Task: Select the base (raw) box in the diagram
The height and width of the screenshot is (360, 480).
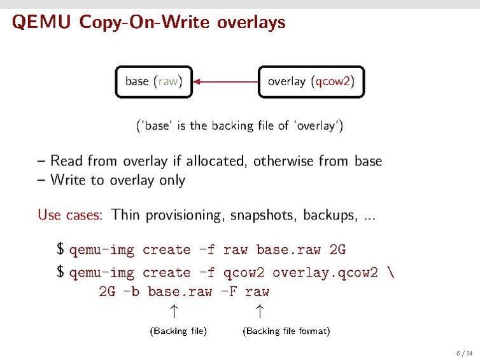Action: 153,81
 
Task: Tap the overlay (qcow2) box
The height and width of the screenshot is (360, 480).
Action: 311,81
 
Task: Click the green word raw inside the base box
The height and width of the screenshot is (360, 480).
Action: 168,81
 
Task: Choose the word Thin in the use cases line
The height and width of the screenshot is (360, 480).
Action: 126,215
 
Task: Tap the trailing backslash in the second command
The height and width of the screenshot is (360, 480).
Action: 390,273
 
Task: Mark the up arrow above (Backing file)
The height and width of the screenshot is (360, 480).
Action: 173,311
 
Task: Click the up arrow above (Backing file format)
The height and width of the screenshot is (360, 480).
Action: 258,311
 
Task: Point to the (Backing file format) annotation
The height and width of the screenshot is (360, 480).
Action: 286,331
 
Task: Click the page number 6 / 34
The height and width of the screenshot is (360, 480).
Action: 464,353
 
